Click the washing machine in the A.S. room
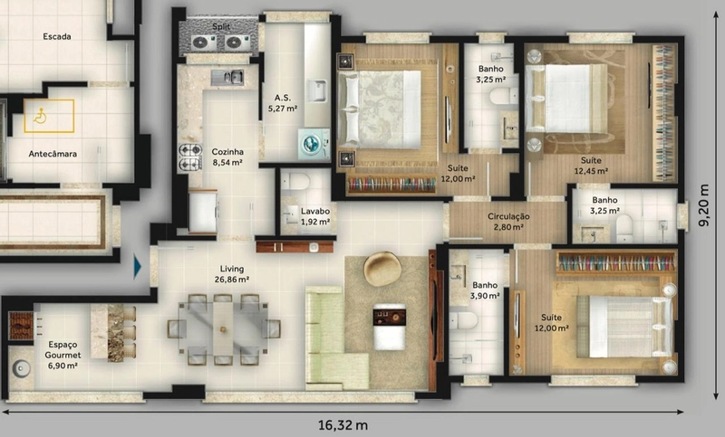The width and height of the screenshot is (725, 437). [x=314, y=144]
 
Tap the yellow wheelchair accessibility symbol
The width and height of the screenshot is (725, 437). [x=40, y=116]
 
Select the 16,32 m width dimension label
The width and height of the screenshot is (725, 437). [x=343, y=424]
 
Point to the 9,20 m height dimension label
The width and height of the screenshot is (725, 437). [x=704, y=205]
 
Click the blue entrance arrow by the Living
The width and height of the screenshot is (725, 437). [x=138, y=267]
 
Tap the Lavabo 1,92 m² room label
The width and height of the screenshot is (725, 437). [x=314, y=216]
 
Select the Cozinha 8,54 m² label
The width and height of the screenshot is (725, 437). [x=227, y=157]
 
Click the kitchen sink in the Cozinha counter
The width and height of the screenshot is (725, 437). [x=227, y=78]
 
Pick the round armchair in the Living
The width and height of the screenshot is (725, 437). [x=382, y=269]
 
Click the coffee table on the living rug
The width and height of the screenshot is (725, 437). [x=390, y=327]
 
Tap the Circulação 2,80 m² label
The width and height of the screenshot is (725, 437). [x=508, y=222]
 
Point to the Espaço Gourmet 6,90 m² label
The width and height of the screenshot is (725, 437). [x=63, y=356]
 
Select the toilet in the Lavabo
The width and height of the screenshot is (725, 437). [x=295, y=181]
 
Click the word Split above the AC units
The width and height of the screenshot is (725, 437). [x=221, y=27]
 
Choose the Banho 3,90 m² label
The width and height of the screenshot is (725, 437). [x=485, y=290]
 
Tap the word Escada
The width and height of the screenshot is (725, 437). [x=57, y=36]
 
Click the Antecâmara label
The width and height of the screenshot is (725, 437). [x=53, y=154]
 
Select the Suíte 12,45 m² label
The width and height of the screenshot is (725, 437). [x=591, y=166]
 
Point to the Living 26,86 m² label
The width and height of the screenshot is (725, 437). [x=232, y=273]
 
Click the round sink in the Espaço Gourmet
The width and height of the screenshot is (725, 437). [x=21, y=369]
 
